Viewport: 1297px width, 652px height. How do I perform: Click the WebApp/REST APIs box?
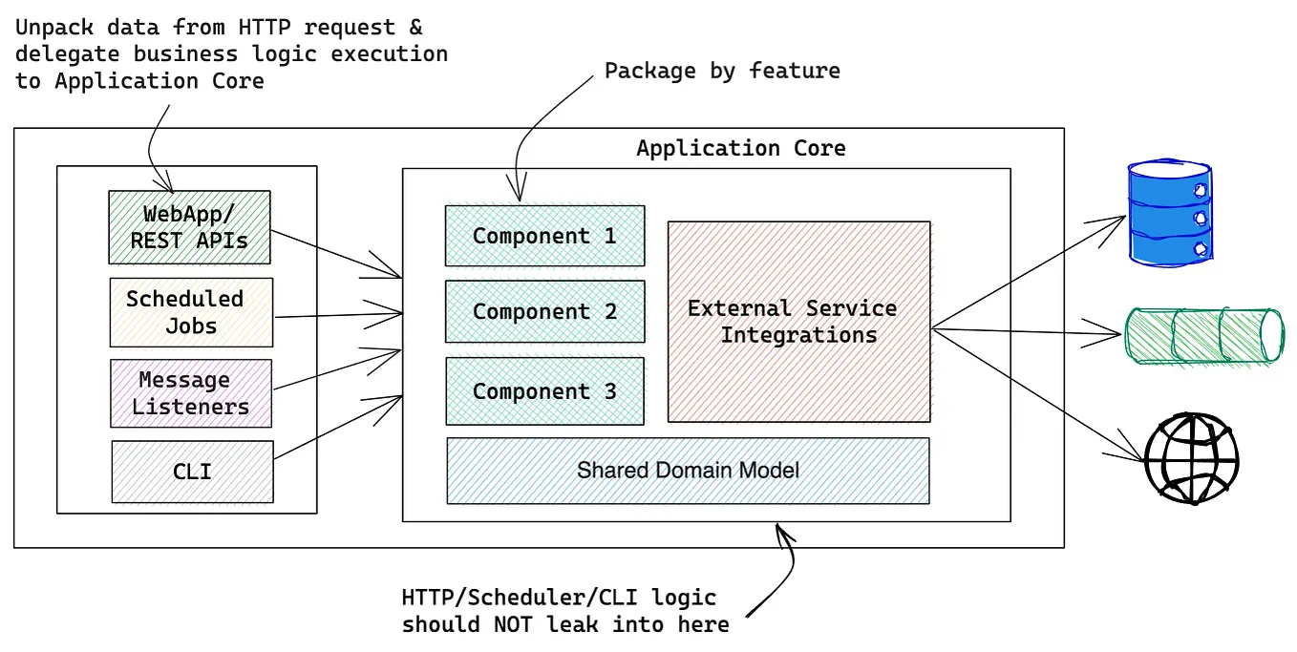[x=189, y=227]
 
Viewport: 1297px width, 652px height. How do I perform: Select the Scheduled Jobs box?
[x=191, y=312]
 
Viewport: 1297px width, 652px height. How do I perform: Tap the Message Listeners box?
[x=191, y=393]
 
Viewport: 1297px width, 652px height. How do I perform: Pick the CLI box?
[x=192, y=472]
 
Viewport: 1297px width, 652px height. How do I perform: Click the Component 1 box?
[x=544, y=236]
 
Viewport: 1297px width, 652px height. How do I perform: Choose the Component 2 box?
[x=544, y=311]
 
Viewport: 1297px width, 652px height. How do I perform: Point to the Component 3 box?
[x=544, y=391]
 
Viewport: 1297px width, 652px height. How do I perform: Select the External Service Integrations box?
[x=798, y=322]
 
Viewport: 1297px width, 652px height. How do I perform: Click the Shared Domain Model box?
[x=688, y=471]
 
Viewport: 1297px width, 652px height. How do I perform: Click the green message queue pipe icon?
[x=1204, y=336]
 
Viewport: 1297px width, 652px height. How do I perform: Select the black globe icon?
[x=1191, y=458]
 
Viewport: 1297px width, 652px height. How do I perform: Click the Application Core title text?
[x=740, y=149]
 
